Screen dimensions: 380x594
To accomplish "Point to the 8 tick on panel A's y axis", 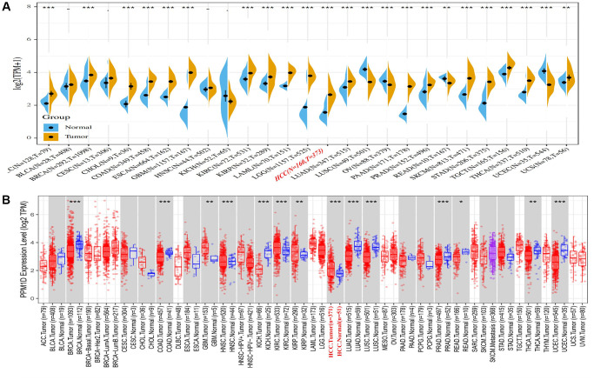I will [x=32, y=7].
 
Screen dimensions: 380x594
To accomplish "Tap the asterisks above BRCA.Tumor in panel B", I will [x=73, y=203].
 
